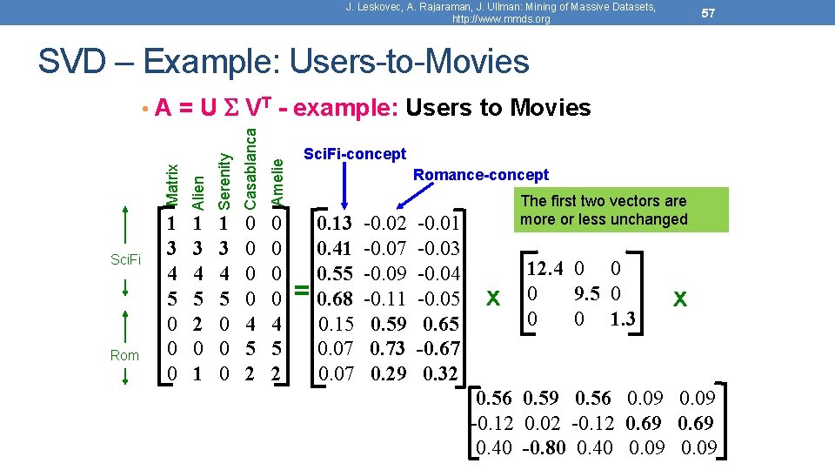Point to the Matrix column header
(x=172, y=185)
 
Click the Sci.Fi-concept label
(x=354, y=154)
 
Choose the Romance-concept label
(x=480, y=175)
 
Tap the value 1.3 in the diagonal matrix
(x=622, y=319)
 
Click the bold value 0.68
(x=335, y=299)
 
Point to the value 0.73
(x=387, y=349)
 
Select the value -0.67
(x=439, y=349)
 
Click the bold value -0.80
(x=544, y=449)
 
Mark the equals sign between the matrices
(x=301, y=291)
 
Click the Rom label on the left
(x=124, y=354)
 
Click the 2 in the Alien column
(x=198, y=324)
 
